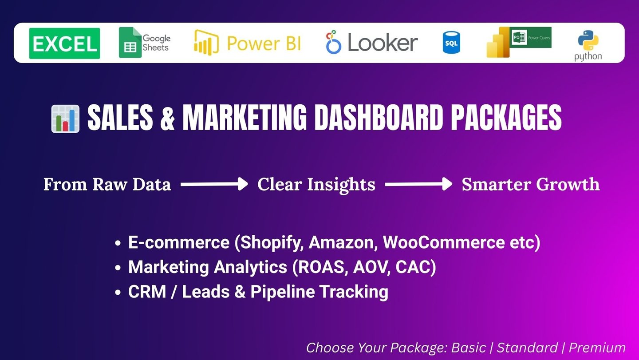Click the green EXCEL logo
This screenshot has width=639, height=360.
(x=64, y=44)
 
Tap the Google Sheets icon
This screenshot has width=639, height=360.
(x=130, y=43)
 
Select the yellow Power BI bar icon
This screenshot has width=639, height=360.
(x=206, y=43)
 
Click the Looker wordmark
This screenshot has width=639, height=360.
(x=383, y=43)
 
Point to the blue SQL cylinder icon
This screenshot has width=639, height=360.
(x=451, y=43)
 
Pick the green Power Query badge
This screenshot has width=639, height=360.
(x=530, y=37)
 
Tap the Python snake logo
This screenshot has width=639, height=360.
(x=588, y=40)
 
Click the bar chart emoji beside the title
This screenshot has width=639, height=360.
(x=65, y=119)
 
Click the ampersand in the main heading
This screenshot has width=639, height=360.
(x=167, y=118)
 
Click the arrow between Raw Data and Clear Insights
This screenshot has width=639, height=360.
(x=214, y=184)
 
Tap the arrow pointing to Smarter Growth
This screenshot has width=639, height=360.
(x=418, y=184)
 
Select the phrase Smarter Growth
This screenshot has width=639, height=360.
(x=531, y=185)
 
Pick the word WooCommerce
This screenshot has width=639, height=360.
(x=444, y=242)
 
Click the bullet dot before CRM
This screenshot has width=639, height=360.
(x=118, y=293)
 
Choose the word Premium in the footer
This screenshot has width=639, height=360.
(x=597, y=348)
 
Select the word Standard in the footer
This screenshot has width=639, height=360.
(x=527, y=348)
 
